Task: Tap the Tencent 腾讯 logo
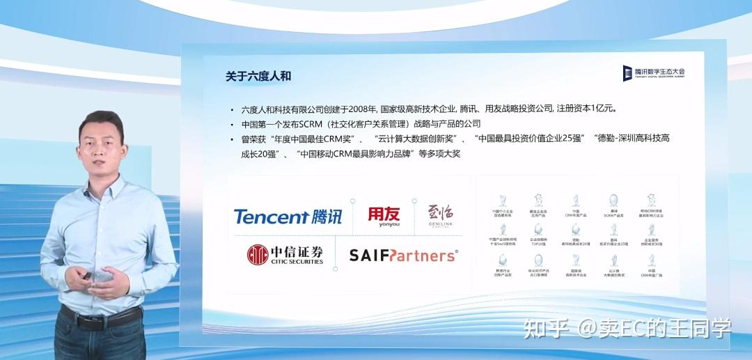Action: [x=288, y=217]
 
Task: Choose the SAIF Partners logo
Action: [x=403, y=256]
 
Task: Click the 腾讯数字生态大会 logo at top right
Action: [x=654, y=72]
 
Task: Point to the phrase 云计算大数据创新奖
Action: [x=416, y=139]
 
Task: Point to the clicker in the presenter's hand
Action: [x=86, y=278]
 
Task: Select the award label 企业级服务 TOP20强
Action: [x=538, y=242]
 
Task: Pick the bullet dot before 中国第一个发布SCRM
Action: [x=232, y=125]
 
